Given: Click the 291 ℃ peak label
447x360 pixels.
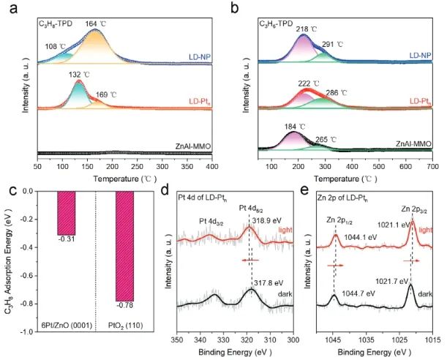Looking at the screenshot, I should coord(333,44).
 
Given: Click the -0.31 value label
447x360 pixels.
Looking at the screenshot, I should coord(66,239).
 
